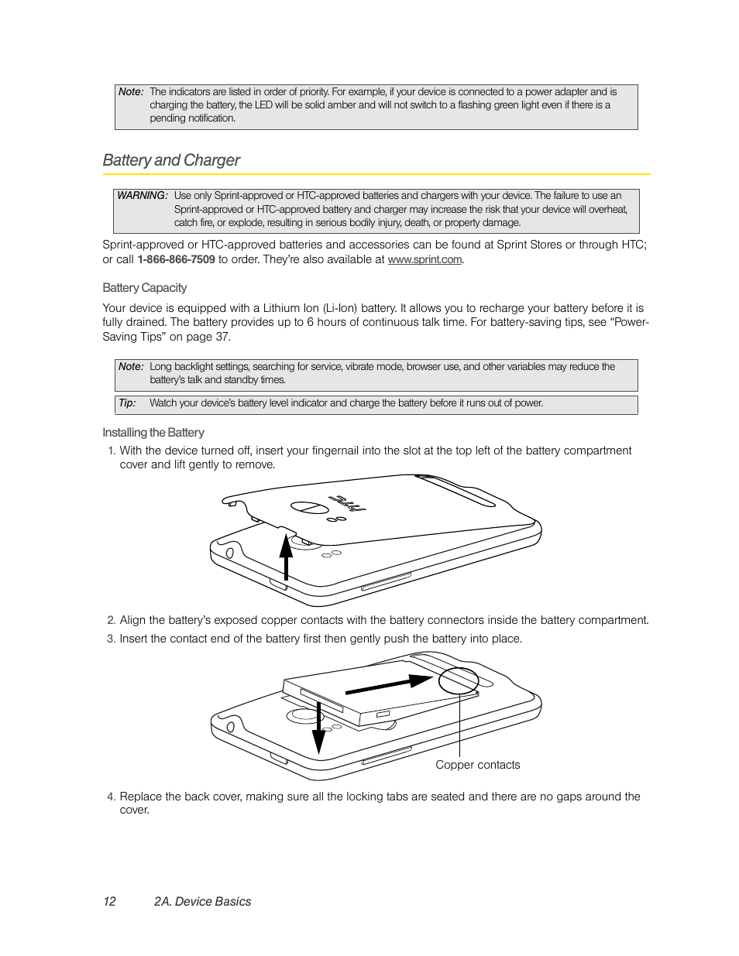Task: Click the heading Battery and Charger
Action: tap(171, 160)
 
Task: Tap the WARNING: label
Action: tap(142, 196)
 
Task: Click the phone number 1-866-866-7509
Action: tap(176, 259)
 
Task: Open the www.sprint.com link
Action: tap(424, 260)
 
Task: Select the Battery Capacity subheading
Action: tap(145, 288)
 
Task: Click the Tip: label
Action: tap(127, 403)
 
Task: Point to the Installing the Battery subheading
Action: tap(153, 433)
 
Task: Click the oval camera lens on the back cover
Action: tap(306, 508)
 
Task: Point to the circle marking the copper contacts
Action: tap(459, 680)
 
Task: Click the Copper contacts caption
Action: tap(477, 765)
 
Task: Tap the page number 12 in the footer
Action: tap(109, 901)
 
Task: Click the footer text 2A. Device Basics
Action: tap(202, 901)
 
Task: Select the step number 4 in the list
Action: tap(111, 797)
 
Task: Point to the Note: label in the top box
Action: tap(131, 91)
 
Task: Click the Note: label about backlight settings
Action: tap(131, 366)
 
